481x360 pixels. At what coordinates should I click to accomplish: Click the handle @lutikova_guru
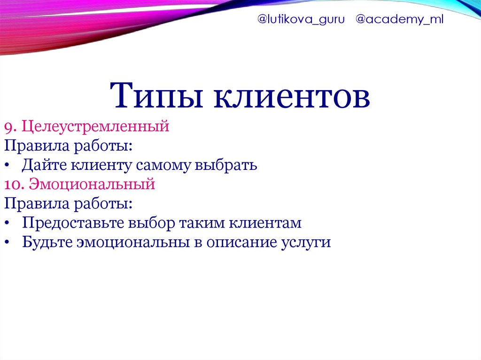coord(301,20)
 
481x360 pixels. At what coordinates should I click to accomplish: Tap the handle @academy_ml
coord(399,20)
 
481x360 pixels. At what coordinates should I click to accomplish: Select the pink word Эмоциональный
coord(92,184)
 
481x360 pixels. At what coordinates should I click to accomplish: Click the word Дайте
coord(44,165)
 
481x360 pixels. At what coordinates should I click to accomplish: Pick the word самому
coord(163,166)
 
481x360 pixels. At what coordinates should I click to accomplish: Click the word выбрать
coord(226,165)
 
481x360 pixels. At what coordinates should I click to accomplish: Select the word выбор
coord(151,223)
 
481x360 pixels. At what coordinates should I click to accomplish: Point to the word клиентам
coord(265,223)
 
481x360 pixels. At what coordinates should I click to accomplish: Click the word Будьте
coord(47,242)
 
